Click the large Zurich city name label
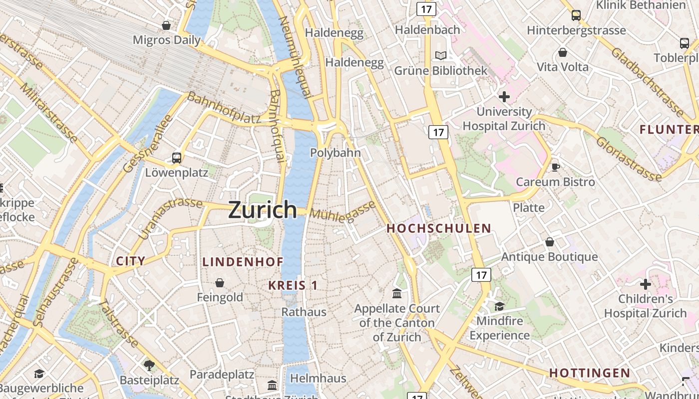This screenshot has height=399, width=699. tap(263, 210)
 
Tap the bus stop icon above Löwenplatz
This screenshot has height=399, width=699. tap(176, 158)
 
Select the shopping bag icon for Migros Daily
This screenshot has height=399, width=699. tap(166, 25)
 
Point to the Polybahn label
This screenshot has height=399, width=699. tap(336, 153)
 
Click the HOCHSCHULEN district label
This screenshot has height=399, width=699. tap(439, 228)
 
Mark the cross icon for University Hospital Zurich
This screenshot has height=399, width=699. tap(504, 96)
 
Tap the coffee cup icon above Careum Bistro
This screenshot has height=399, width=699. tap(555, 167)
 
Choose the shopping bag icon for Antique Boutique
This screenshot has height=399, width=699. tap(550, 242)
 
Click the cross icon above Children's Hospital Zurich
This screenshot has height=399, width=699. tap(646, 284)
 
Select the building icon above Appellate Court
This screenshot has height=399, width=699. tap(397, 293)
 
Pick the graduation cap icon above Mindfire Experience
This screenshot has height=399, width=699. tap(499, 306)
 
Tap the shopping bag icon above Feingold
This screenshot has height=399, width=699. tap(219, 283)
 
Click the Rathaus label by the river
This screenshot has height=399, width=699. tap(304, 312)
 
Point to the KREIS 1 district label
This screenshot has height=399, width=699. tap(293, 285)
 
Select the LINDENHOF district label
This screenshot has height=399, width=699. tap(243, 262)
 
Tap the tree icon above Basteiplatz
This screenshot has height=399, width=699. tap(149, 365)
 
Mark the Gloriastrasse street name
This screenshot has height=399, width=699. tap(629, 159)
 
